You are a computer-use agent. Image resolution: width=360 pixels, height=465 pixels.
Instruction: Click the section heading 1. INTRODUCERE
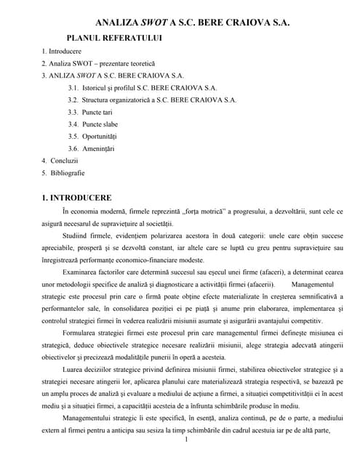(x=76, y=197)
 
